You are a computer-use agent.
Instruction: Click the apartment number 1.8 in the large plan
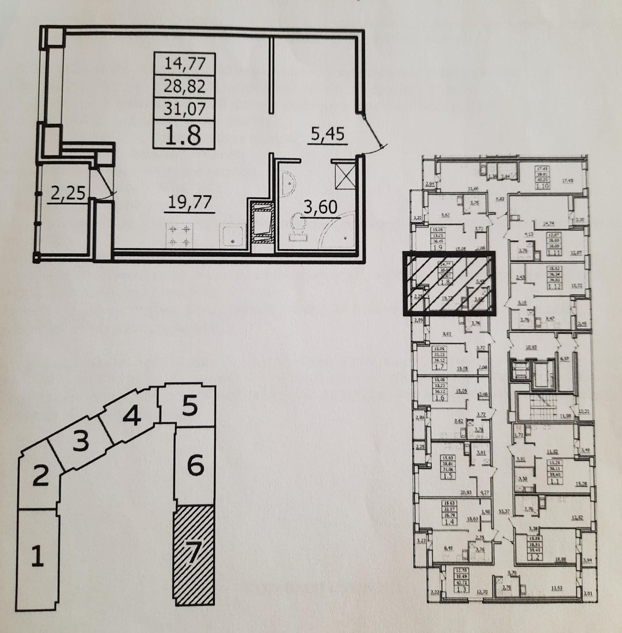184,136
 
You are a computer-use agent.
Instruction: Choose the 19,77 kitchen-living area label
189,201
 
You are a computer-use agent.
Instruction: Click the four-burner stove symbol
179,235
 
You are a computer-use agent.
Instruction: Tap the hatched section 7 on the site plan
194,554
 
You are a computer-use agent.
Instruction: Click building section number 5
190,407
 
